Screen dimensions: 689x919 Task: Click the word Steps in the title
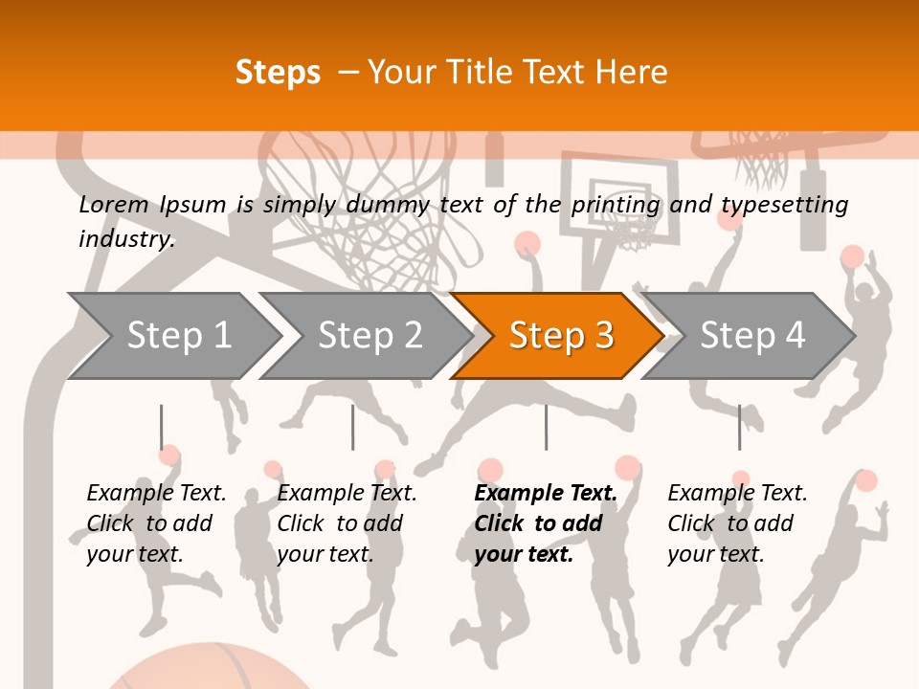[x=278, y=73]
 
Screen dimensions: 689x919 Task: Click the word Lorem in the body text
[x=114, y=204]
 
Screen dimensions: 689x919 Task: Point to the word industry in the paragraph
[x=126, y=238]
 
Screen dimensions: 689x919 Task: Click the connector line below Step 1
[x=161, y=427]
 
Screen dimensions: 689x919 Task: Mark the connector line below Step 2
[x=352, y=427]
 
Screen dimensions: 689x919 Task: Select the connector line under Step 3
[x=546, y=427]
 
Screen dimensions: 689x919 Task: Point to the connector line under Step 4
[x=739, y=427]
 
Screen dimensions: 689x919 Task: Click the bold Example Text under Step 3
[x=546, y=494]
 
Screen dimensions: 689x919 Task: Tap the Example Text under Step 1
[x=156, y=494]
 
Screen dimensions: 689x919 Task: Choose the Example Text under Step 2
[x=347, y=494]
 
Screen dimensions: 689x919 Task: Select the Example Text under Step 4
[x=737, y=494]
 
